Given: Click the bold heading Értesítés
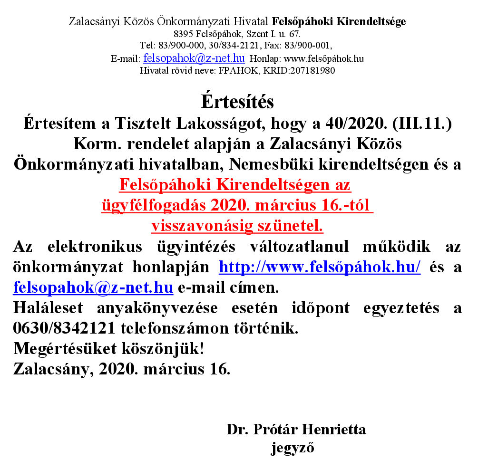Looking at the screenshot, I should (x=237, y=102).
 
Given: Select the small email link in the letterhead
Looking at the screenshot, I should (x=194, y=58).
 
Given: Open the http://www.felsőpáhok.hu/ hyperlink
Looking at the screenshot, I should (x=320, y=268).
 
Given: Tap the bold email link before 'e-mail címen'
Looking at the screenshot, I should (x=93, y=287).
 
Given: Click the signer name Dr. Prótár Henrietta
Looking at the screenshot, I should (x=296, y=430).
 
